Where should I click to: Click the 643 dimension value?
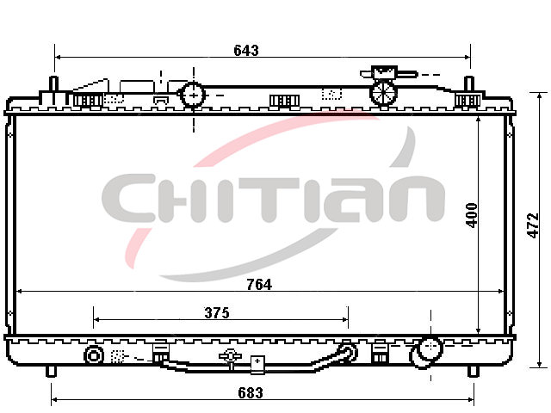pyautogui.click(x=246, y=51)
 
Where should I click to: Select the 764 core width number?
pyautogui.click(x=259, y=285)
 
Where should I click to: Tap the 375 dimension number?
pyautogui.click(x=217, y=312)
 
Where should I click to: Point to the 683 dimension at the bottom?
pyautogui.click(x=251, y=392)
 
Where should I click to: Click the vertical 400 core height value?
pyautogui.click(x=472, y=215)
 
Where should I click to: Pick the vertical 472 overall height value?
pyautogui.click(x=533, y=225)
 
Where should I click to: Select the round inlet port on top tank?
pyautogui.click(x=193, y=95)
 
